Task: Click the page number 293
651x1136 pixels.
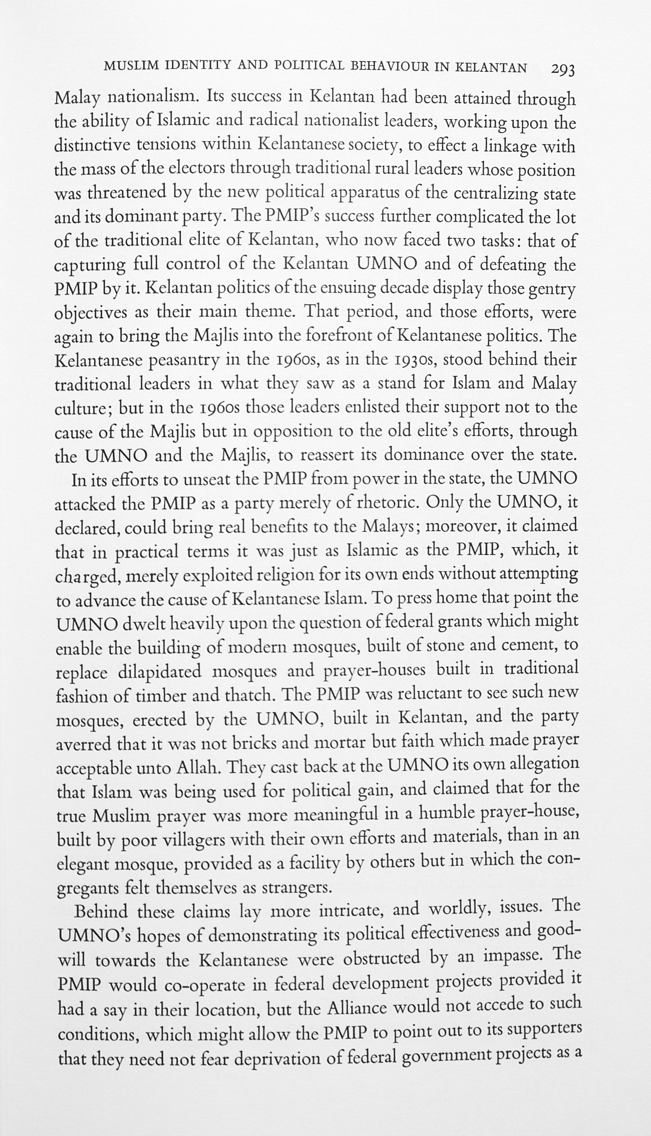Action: (x=562, y=69)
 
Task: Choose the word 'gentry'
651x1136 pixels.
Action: (x=552, y=289)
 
